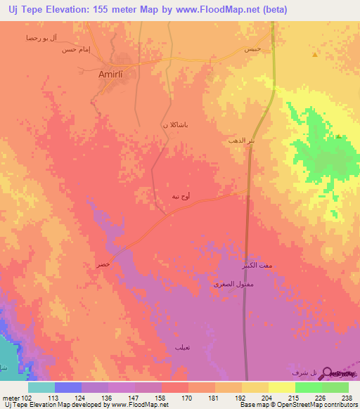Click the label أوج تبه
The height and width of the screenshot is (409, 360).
[x=181, y=196]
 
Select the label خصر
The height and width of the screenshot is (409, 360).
[x=103, y=264]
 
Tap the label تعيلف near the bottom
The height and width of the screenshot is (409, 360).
[x=183, y=347]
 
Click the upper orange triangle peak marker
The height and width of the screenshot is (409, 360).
[x=315, y=54]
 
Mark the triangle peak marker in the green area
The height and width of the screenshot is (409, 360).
[x=338, y=136]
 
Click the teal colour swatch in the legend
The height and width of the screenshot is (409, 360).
[x=41, y=387]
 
